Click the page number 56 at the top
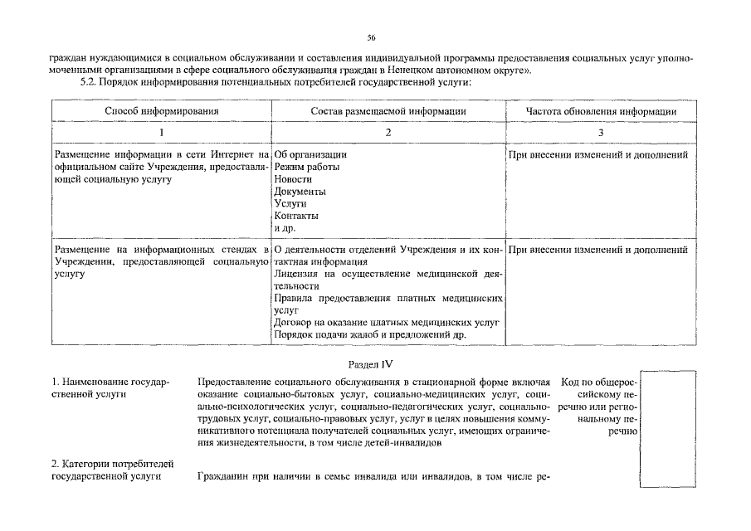[372, 37]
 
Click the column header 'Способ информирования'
[161, 111]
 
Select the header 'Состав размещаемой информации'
[388, 111]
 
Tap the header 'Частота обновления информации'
[601, 111]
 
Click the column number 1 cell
[161, 133]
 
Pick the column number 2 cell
[388, 133]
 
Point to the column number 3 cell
[601, 133]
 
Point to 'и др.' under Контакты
[285, 228]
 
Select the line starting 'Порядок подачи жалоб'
[369, 334]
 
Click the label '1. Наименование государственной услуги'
[110, 387]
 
